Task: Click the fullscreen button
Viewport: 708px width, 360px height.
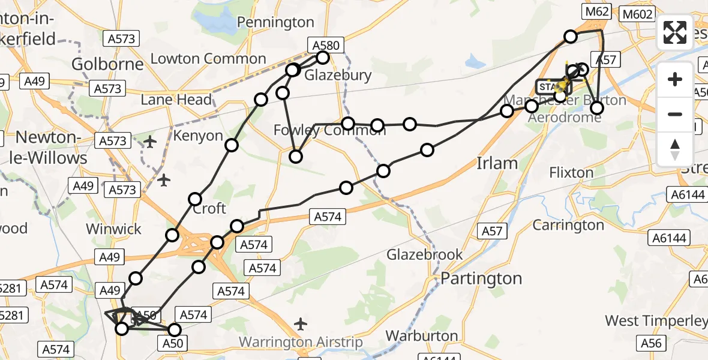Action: coord(675,32)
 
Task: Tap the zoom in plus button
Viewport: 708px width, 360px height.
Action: coord(675,79)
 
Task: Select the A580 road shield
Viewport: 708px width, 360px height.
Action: coord(326,44)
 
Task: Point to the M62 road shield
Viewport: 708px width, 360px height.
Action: coord(598,11)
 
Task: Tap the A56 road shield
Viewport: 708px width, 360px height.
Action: coord(652,343)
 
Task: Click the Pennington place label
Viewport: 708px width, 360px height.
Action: coord(275,22)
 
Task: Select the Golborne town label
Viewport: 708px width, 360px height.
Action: coord(107,64)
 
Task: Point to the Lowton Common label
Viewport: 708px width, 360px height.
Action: coord(208,59)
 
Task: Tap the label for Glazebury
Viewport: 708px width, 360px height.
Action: coord(338,75)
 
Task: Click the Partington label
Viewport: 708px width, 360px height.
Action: coord(482,278)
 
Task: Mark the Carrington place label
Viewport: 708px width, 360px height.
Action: coord(569,225)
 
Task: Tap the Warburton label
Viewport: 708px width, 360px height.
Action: coord(423,335)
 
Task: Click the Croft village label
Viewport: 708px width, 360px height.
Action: coord(209,208)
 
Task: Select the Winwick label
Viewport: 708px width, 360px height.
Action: coord(113,229)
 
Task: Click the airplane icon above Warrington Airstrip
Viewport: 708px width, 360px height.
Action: coord(301,325)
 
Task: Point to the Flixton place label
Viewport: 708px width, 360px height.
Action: coord(571,173)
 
